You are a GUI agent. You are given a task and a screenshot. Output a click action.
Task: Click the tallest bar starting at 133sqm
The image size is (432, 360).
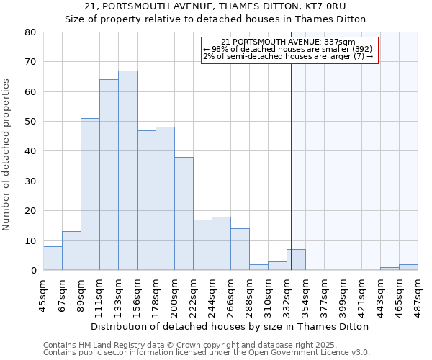[x=127, y=171]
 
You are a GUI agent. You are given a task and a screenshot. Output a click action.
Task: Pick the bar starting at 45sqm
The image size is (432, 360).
[x=53, y=258]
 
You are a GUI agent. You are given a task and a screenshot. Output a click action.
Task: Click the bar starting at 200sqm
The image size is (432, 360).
[x=184, y=214]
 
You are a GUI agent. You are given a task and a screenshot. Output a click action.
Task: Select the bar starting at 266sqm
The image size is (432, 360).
[x=240, y=250]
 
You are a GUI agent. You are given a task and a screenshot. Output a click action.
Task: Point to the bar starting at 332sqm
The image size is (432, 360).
[x=296, y=260]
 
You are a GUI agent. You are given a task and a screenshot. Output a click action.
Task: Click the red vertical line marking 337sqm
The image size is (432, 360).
[x=291, y=166]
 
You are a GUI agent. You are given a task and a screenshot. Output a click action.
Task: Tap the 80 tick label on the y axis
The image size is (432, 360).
[x=30, y=32]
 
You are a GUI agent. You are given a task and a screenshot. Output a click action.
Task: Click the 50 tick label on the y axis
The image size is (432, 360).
[x=30, y=122]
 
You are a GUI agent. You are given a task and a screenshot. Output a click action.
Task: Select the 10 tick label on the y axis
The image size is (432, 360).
[x=30, y=241]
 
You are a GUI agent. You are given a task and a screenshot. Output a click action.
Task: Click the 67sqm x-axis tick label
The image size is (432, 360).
[x=62, y=294]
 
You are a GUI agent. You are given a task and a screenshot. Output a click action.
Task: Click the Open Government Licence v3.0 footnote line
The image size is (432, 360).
[x=207, y=353]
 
